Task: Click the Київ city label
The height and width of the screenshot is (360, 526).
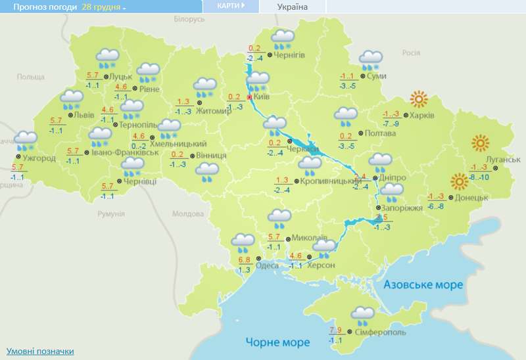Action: (261, 97)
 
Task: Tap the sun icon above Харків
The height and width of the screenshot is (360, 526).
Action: (418, 100)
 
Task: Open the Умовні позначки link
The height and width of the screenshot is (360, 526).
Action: (39, 351)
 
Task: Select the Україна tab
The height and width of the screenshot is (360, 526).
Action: (293, 7)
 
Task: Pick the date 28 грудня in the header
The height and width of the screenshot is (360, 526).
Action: (102, 7)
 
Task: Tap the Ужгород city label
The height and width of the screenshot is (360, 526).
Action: (40, 158)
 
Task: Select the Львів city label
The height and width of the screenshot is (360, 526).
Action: (84, 116)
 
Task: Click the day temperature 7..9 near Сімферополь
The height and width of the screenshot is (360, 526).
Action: (335, 330)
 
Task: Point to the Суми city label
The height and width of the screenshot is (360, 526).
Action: (375, 77)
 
